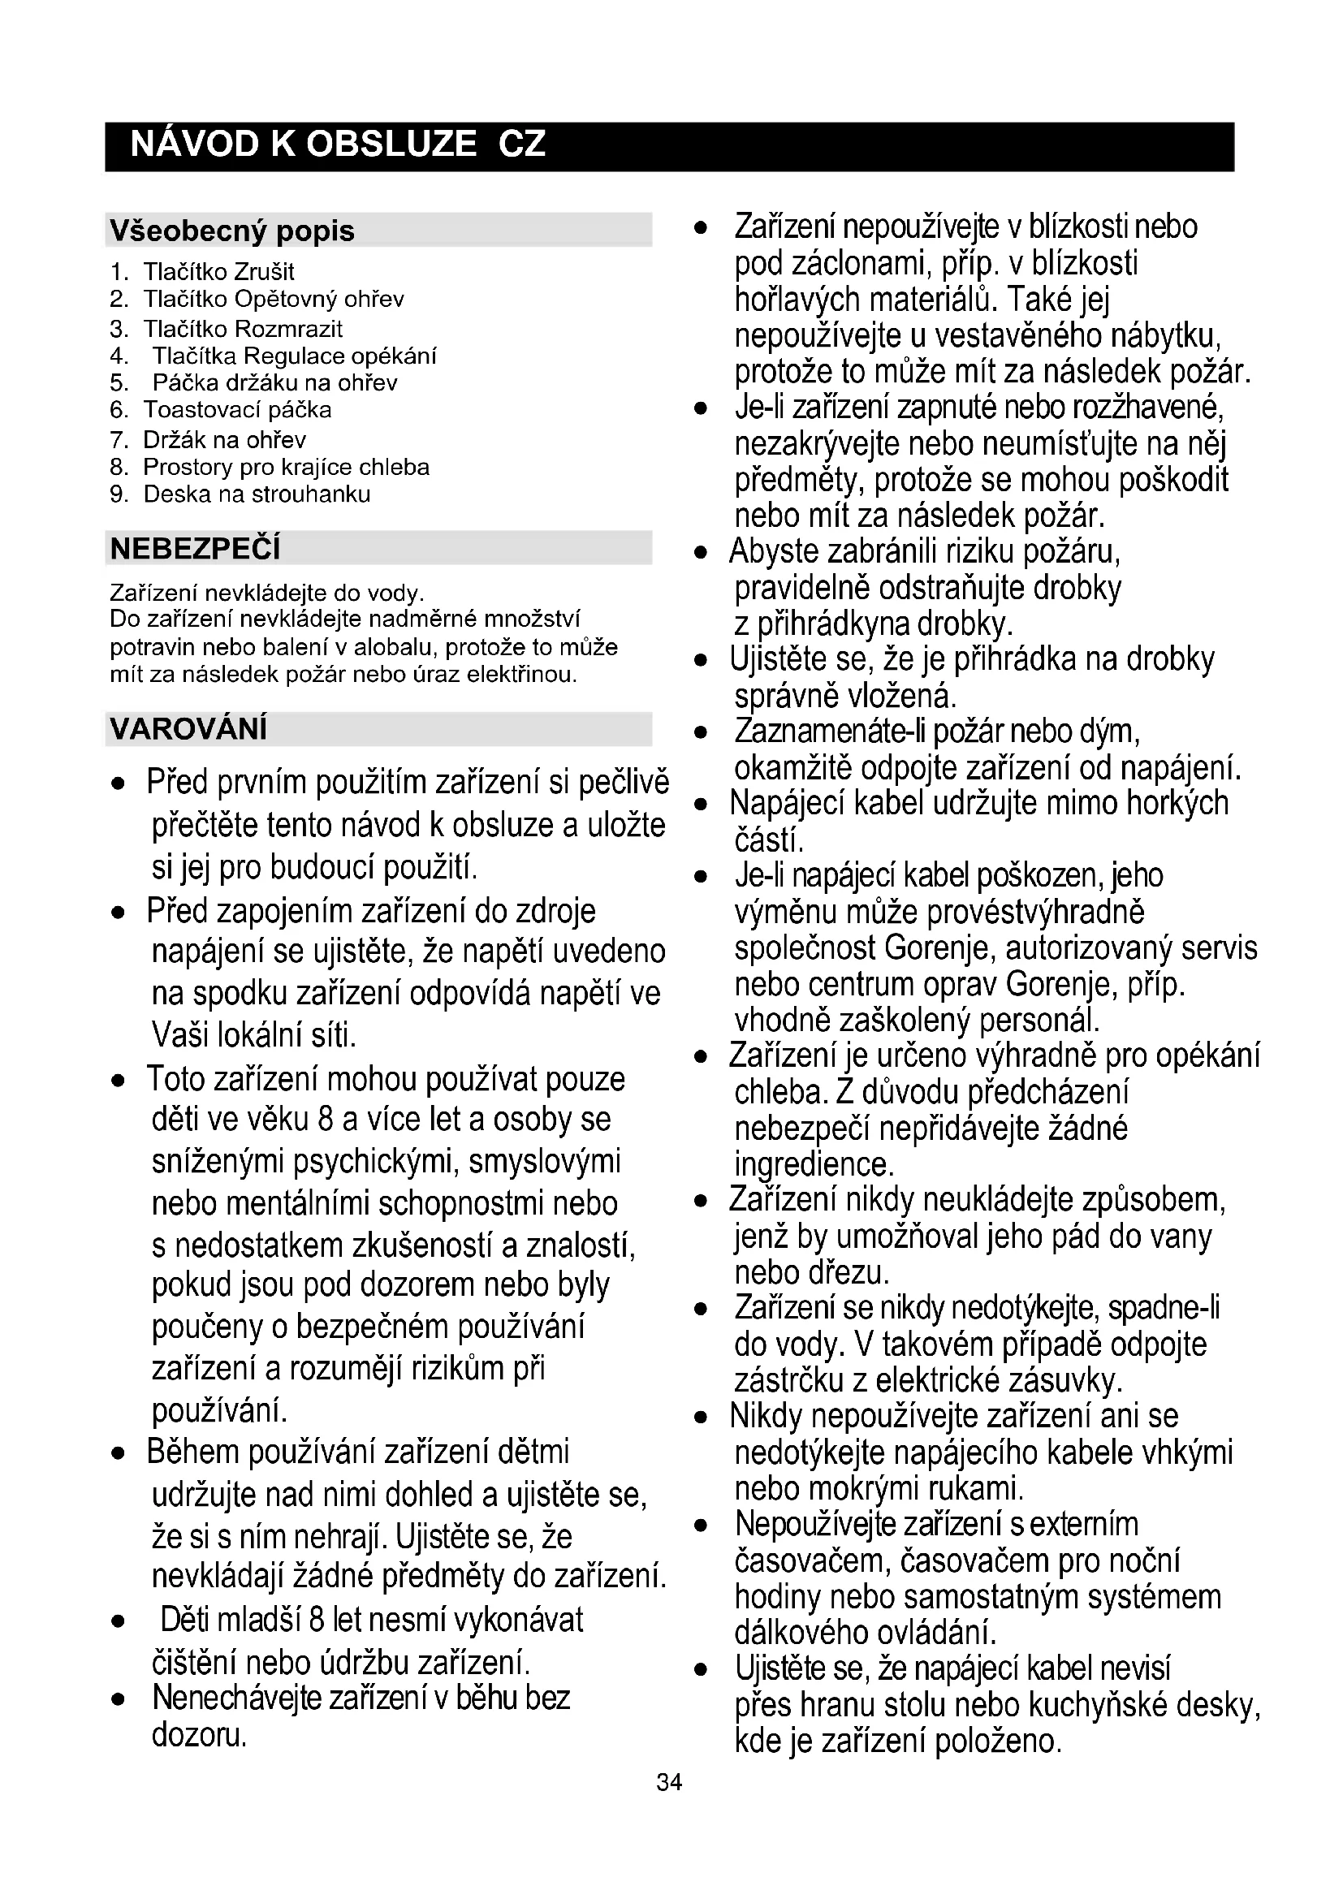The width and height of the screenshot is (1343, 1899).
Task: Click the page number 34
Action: point(669,1782)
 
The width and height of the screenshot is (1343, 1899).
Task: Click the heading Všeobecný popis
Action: point(231,231)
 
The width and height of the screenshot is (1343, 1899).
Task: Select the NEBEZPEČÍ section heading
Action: point(195,548)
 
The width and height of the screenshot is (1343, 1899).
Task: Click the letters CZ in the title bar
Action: point(522,145)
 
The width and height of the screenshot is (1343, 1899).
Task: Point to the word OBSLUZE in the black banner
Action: point(391,145)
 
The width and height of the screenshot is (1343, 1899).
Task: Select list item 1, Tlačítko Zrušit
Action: point(218,272)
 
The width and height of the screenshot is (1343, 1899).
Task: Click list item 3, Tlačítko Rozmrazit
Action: point(242,329)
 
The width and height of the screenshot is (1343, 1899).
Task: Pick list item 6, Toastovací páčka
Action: point(236,410)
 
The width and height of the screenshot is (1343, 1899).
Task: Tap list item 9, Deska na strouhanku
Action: point(257,494)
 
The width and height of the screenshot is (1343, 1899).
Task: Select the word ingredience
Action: point(814,1164)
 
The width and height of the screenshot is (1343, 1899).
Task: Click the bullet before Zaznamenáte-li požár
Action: point(702,733)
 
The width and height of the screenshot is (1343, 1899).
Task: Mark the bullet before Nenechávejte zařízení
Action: point(119,1699)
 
